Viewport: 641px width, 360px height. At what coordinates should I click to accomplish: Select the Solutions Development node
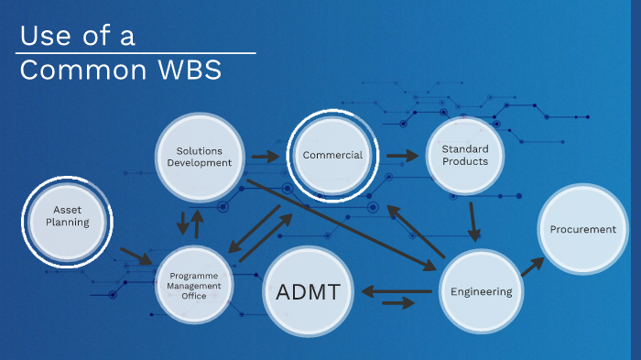pos(200,156)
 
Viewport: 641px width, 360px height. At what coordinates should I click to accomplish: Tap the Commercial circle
pos(332,155)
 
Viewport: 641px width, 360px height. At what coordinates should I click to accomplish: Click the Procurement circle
pos(583,229)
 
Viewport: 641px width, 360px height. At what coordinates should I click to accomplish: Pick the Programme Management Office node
pos(194,285)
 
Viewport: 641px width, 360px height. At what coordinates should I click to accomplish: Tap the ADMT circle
pos(308,293)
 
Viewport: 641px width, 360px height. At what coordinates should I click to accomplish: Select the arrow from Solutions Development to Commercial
pos(266,157)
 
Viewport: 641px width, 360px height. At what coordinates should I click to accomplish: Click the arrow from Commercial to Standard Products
pos(401,156)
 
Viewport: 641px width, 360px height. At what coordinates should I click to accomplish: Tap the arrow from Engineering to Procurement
pos(531,267)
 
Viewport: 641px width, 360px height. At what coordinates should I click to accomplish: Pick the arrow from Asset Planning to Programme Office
pos(136,256)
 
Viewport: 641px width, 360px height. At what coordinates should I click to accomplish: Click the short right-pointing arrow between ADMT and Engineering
pos(397,303)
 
